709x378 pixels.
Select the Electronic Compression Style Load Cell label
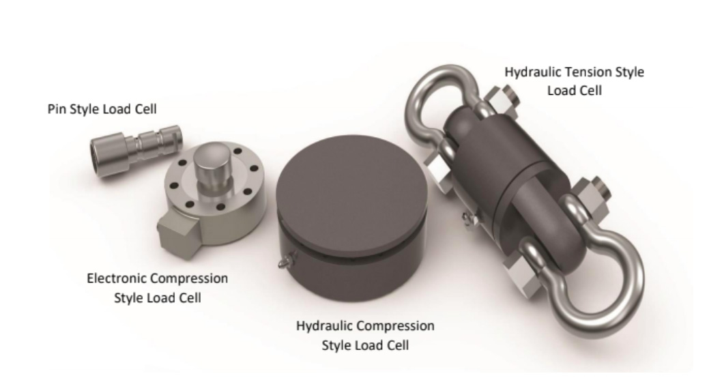(x=158, y=289)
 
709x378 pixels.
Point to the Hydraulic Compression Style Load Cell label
(x=365, y=335)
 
